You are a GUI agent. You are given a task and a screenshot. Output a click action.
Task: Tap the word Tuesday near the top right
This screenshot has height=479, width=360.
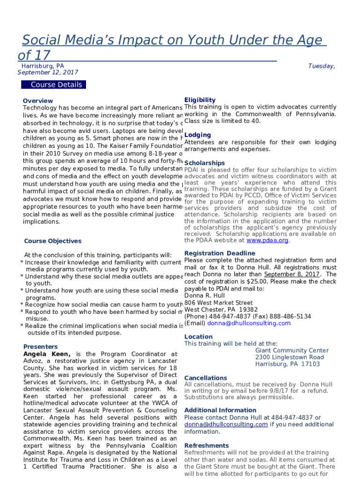point(321,66)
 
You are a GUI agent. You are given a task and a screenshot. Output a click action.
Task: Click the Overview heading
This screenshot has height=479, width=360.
point(38,101)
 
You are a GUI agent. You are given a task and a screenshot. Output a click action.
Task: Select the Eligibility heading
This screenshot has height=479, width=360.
point(200,100)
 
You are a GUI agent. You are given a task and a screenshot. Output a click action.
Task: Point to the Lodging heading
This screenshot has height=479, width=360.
point(197,135)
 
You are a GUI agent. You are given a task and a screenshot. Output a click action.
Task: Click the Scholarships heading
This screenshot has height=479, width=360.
point(204,163)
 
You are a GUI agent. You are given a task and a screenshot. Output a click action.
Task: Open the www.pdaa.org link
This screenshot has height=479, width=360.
point(267,240)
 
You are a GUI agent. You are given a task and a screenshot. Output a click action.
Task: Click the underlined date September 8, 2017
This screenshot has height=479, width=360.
point(292,274)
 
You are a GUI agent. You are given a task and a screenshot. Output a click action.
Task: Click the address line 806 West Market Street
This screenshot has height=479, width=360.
point(218,303)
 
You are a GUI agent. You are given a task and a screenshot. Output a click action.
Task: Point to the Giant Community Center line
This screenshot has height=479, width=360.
point(292,350)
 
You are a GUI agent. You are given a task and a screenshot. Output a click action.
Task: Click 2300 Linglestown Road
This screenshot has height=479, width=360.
point(289,357)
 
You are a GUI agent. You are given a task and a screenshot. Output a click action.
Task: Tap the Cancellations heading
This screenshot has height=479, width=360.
point(206,377)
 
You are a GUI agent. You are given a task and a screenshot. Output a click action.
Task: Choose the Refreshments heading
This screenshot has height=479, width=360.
point(207,445)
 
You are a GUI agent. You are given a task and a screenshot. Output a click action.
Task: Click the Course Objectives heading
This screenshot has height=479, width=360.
point(52,241)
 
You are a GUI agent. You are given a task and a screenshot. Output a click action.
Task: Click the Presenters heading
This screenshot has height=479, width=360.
point(40,347)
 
